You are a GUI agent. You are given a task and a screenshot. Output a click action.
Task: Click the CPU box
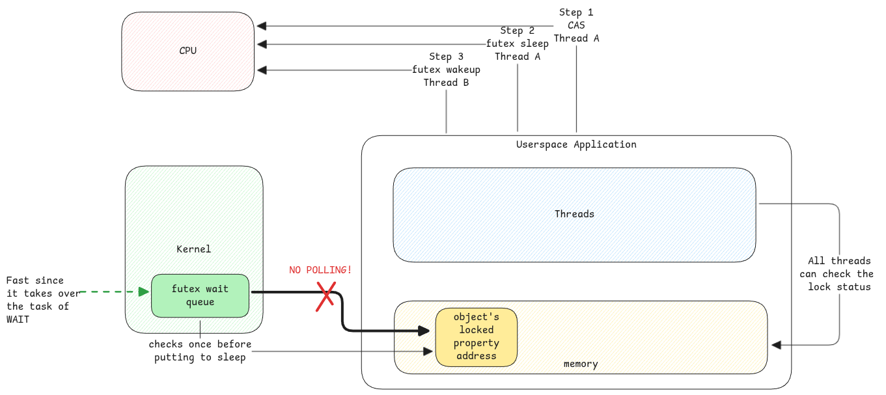187,51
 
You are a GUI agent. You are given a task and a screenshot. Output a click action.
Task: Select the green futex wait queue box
200,295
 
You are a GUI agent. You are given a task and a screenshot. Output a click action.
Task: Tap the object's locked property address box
476,336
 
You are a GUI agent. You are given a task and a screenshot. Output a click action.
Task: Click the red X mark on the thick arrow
325,296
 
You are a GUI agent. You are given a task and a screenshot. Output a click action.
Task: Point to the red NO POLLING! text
320,269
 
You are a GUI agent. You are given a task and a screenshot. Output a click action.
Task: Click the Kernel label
194,249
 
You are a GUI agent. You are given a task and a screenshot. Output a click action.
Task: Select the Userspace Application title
576,144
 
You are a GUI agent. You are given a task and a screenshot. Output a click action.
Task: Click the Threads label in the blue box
574,213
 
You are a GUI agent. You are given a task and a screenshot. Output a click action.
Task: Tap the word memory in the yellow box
581,364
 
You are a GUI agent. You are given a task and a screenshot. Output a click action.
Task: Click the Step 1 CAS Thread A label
576,25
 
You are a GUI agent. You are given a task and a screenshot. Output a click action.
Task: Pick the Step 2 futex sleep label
518,44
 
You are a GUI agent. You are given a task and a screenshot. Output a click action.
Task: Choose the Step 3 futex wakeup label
446,70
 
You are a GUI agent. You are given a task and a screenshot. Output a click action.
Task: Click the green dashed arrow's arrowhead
145,292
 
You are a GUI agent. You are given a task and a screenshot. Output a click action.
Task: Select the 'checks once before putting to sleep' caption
200,351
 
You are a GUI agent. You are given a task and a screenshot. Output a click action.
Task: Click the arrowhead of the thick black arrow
427,331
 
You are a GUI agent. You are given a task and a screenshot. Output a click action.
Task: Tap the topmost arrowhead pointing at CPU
261,26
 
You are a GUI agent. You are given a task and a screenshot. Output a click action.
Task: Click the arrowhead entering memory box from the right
775,344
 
